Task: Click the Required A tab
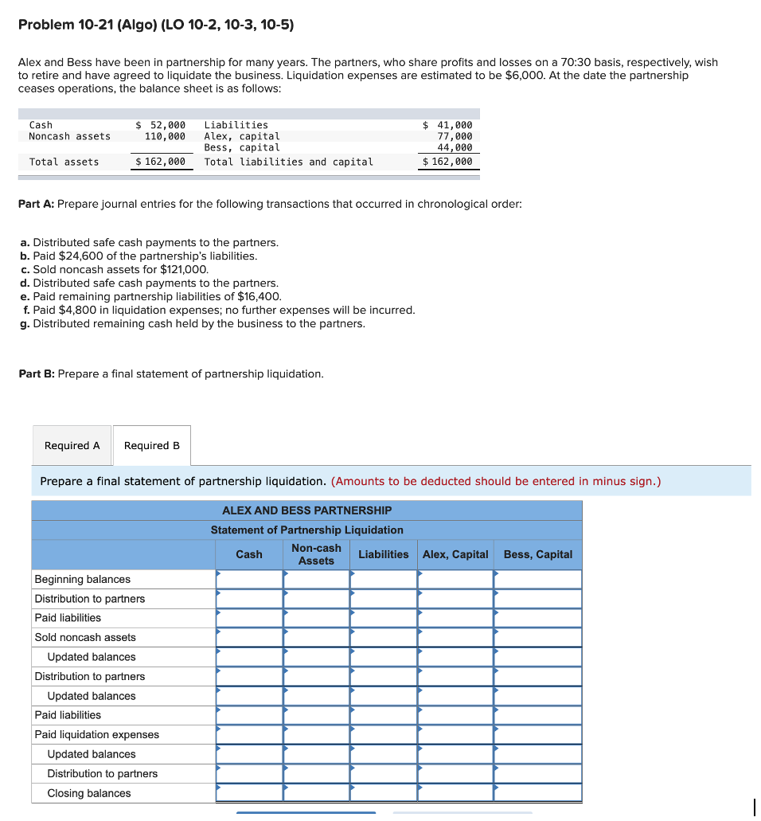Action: [72, 446]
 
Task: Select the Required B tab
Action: [152, 446]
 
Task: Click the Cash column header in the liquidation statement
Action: [249, 554]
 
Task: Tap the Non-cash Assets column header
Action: [316, 554]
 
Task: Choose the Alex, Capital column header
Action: [455, 554]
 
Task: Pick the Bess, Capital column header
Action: [538, 554]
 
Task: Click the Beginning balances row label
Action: [83, 579]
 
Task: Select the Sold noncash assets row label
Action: [85, 637]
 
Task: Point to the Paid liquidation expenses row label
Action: [96, 734]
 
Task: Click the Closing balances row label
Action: [89, 793]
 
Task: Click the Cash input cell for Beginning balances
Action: [249, 579]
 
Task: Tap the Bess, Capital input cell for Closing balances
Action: [538, 793]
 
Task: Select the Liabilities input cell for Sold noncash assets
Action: [384, 637]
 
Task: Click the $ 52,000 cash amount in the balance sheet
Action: [161, 125]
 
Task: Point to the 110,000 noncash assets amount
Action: [165, 136]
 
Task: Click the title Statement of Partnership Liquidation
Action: [306, 530]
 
